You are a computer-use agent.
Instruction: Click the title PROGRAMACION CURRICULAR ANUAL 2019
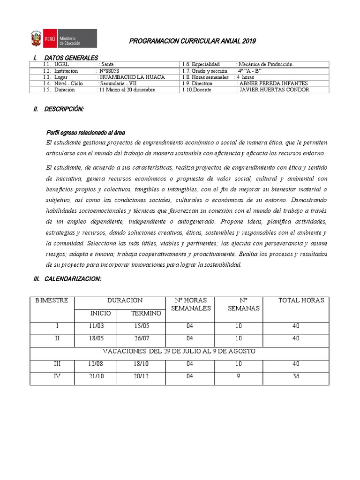[x=192, y=42]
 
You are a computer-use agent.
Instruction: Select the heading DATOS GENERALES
[x=71, y=58]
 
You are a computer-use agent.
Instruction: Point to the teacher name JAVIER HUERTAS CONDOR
[x=274, y=90]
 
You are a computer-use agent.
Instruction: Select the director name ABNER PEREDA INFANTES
[x=274, y=83]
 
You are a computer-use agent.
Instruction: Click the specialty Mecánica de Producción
[x=266, y=64]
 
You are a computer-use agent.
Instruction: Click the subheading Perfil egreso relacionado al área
[x=85, y=133]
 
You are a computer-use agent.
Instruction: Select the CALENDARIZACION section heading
[x=73, y=279]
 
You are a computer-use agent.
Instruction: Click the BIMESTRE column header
[x=52, y=300]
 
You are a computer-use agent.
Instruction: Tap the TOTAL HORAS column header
[x=301, y=300]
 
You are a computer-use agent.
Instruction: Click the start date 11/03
[x=95, y=326]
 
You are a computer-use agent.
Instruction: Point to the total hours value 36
[x=295, y=376]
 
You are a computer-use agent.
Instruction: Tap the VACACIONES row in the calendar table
[x=179, y=351]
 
